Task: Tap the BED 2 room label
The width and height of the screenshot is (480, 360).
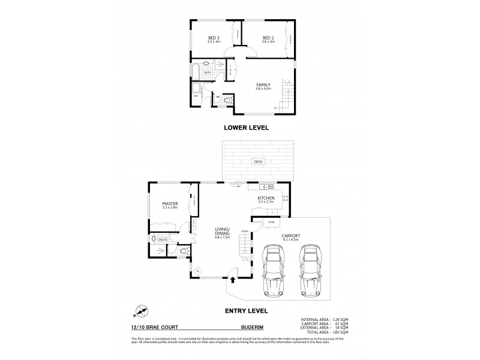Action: pos(268,40)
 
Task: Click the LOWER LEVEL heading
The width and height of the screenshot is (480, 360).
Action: pos(245,127)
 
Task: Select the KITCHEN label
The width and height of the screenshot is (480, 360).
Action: pos(266,197)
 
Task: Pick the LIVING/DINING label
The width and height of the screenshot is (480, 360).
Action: pos(223,230)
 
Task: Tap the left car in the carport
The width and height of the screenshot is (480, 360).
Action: pos(274,272)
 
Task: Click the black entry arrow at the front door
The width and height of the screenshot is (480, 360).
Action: pos(233,279)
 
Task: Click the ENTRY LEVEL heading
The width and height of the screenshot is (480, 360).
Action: pos(245,311)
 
